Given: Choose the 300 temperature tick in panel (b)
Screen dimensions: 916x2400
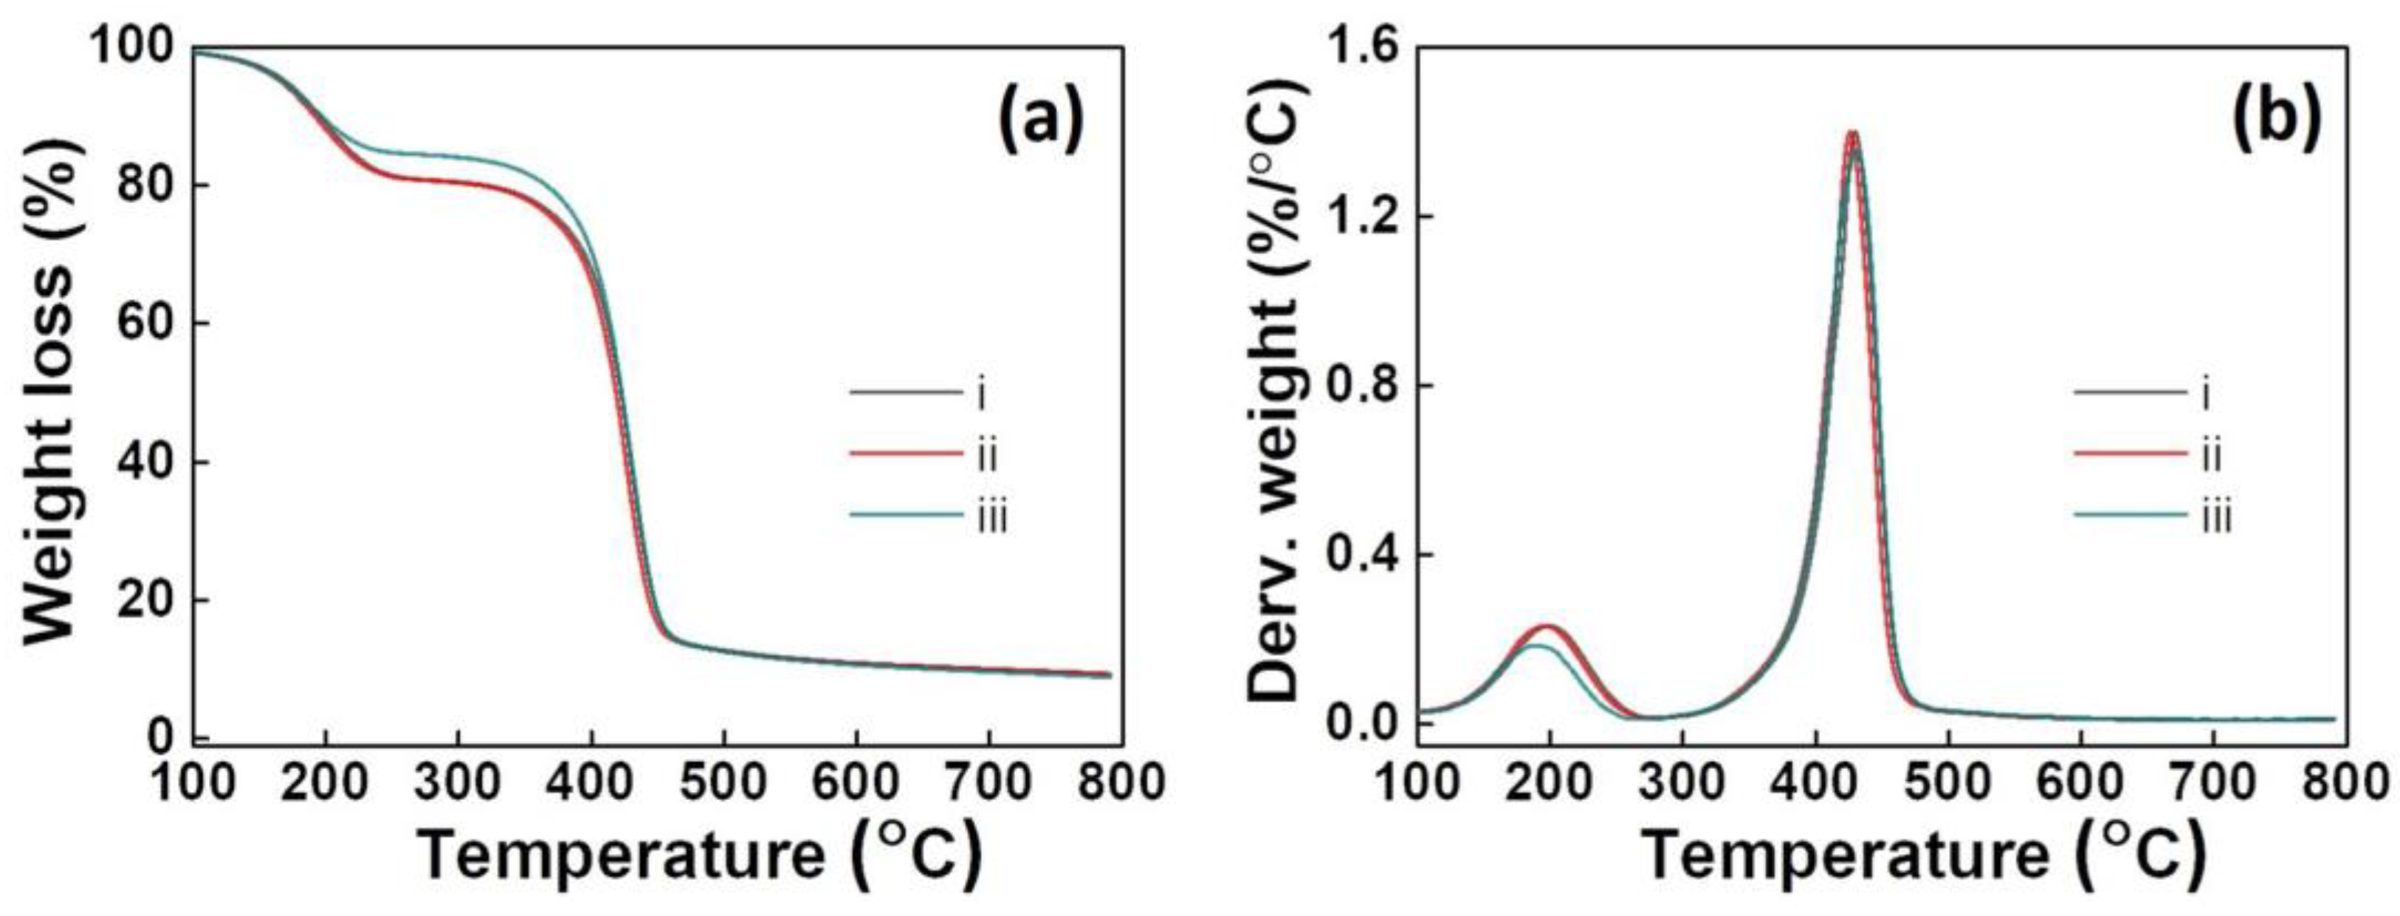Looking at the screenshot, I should coord(1682,781).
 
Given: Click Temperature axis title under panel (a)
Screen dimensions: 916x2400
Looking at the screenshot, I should coord(699,855).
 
